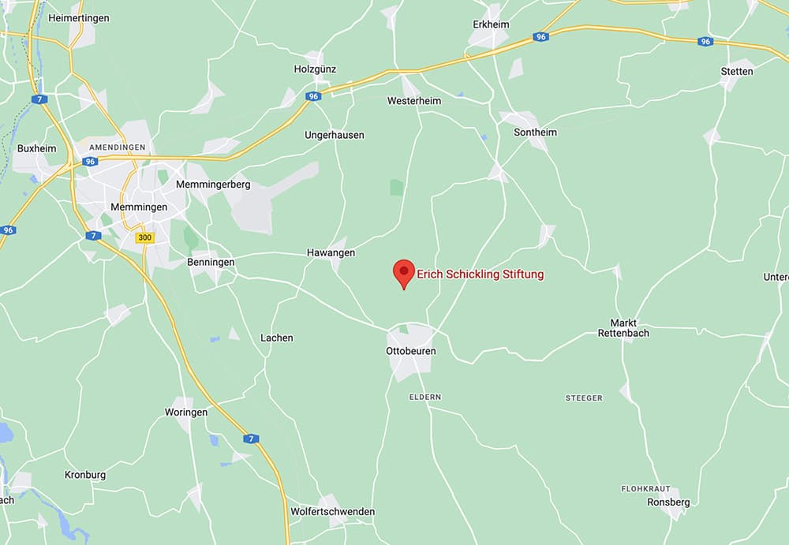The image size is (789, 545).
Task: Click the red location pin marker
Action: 404,273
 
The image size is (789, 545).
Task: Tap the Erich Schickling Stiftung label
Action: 480,274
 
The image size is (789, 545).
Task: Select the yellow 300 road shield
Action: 145,237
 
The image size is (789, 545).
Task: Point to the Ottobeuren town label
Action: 410,350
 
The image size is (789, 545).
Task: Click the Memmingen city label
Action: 139,207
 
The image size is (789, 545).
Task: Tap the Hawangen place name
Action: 331,253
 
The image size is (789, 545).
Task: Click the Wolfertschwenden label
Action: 332,511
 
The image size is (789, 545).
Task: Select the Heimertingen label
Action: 79,17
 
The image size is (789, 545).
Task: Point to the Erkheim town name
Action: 491,24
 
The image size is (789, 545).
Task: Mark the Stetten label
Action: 737,71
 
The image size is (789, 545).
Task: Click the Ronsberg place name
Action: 668,502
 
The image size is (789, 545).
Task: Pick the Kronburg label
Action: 84,475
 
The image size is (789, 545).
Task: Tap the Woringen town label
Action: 186,412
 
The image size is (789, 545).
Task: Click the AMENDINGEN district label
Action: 118,147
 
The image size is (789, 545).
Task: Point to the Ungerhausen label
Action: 335,135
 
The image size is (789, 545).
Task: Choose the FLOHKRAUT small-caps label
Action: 645,489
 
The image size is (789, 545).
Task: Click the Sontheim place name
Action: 535,132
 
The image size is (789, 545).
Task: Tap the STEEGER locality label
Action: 584,398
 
